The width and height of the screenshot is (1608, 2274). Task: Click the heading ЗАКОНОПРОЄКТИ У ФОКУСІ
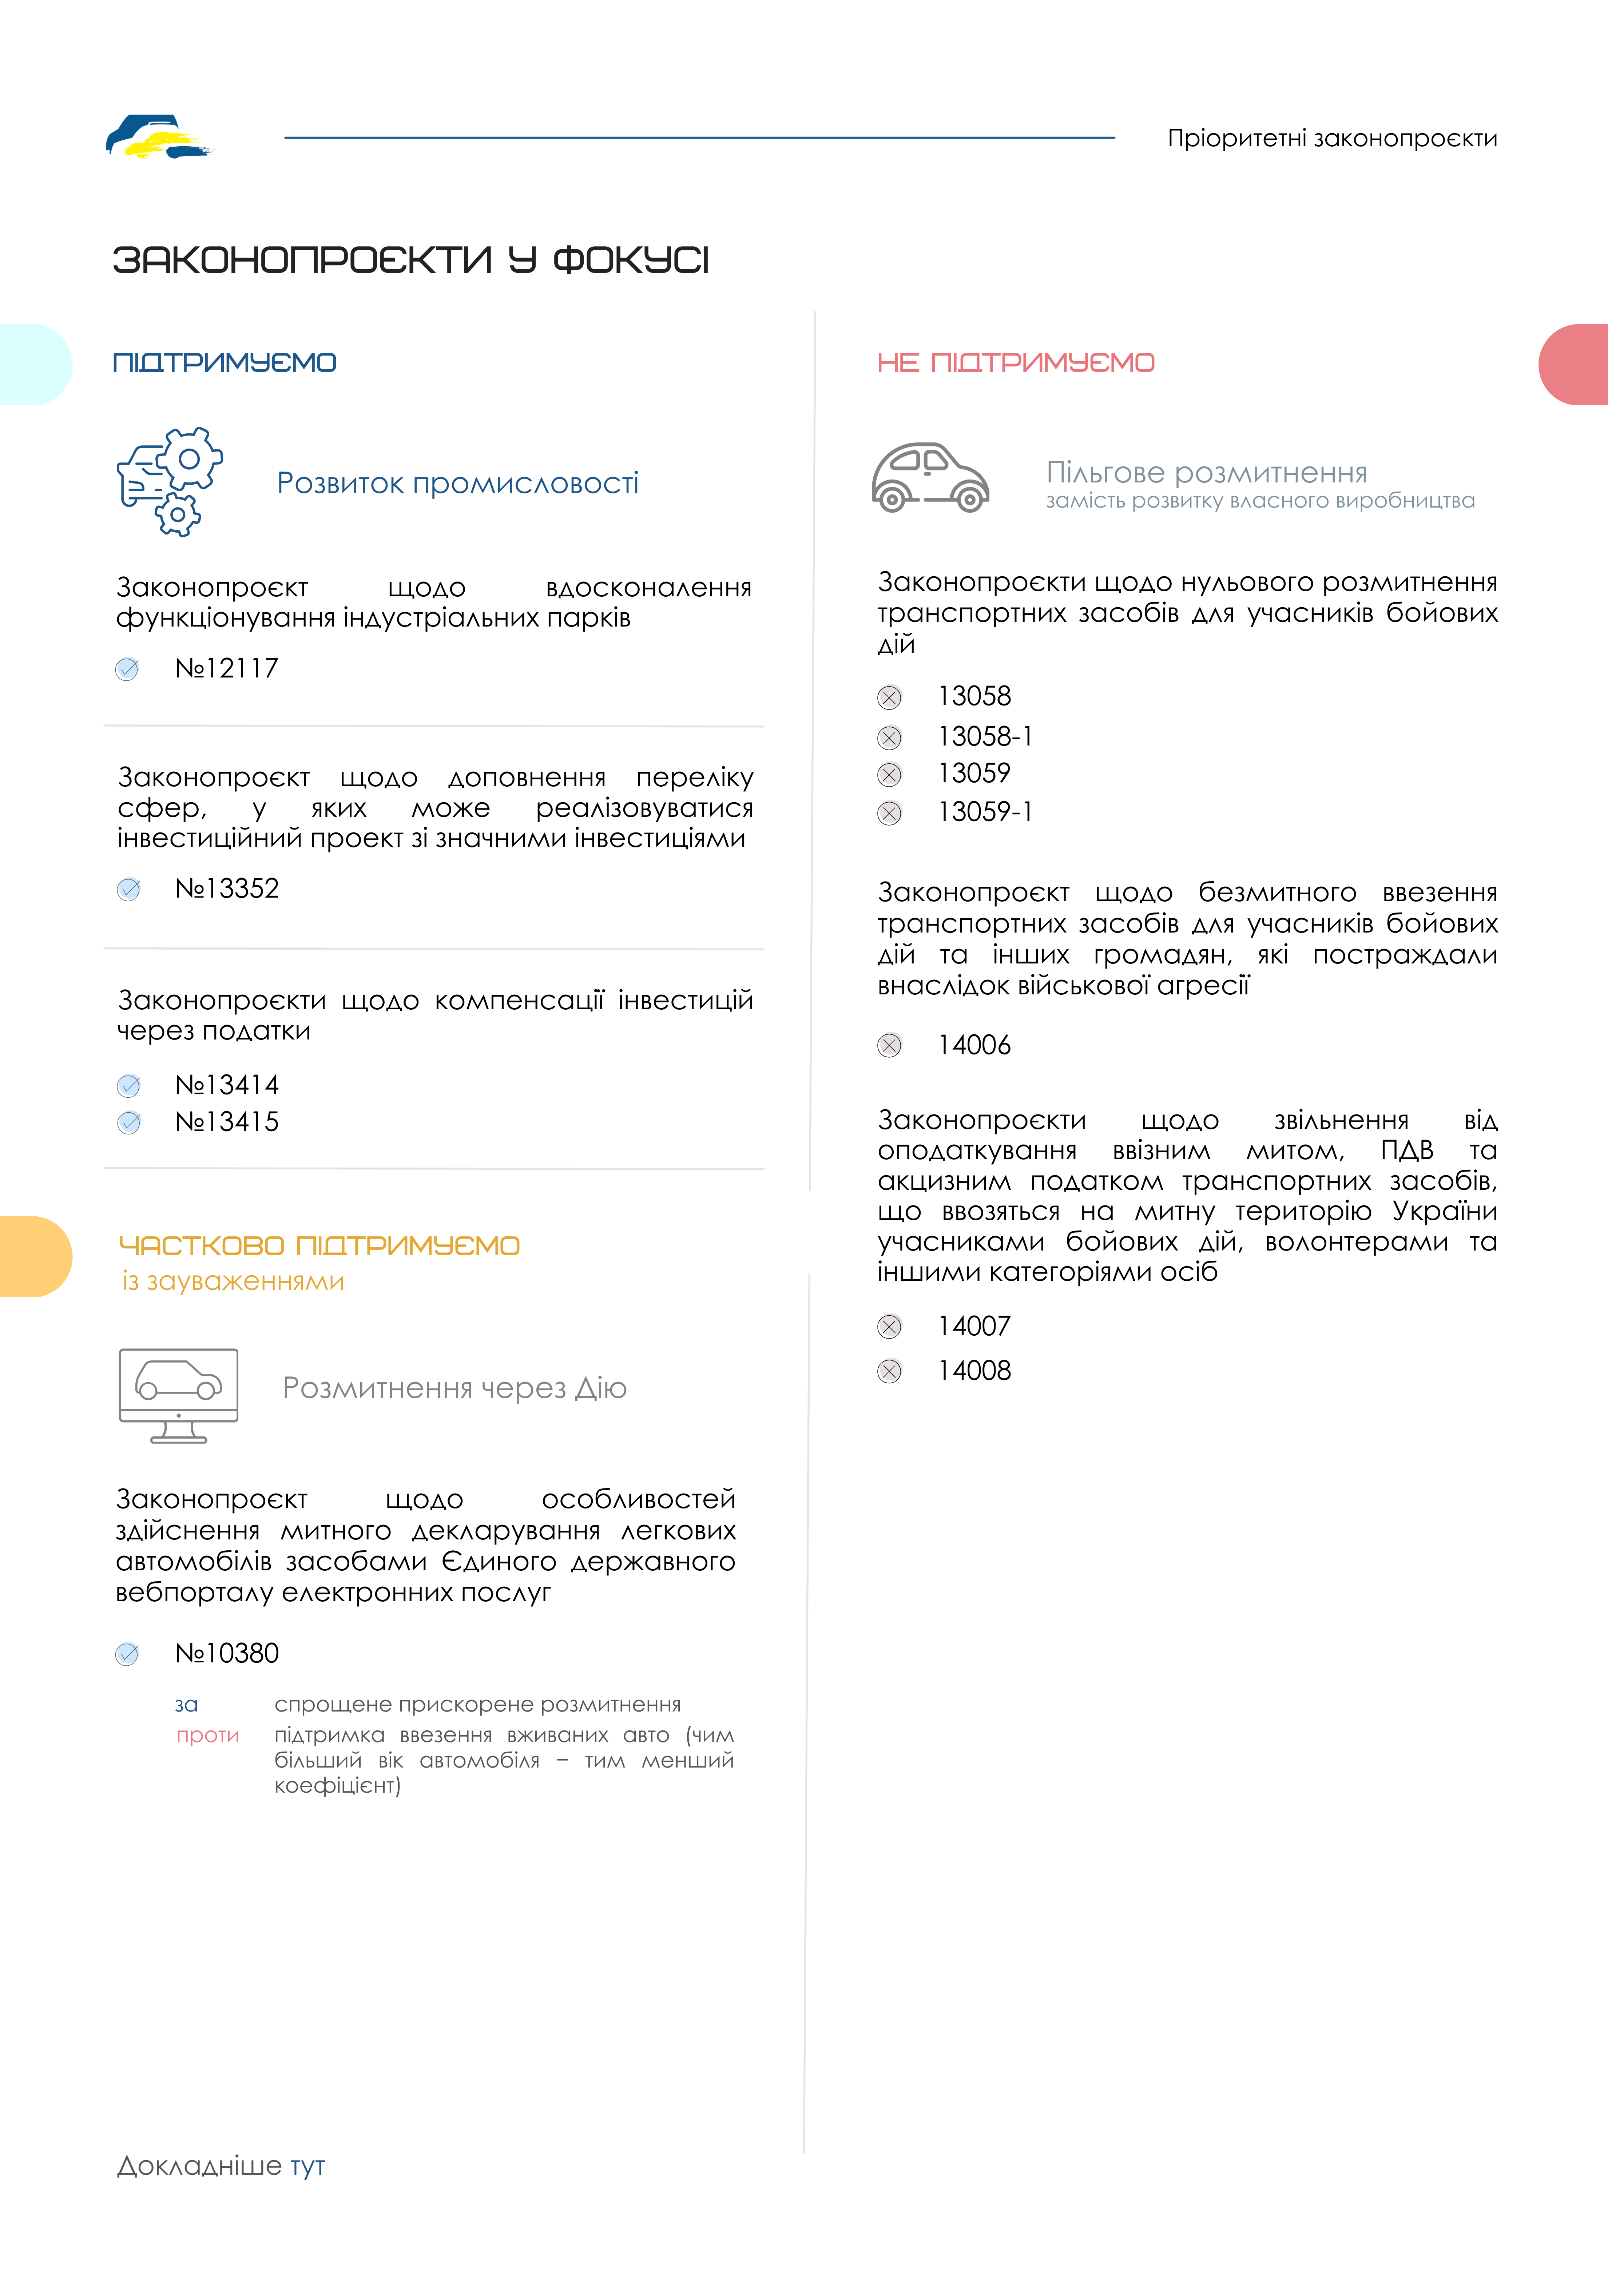(410, 261)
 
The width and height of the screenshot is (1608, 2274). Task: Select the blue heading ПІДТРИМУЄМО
(225, 362)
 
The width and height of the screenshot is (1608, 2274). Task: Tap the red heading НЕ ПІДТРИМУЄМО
(1016, 362)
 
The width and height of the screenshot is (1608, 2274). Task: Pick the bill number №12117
(227, 668)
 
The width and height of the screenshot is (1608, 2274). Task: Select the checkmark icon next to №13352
(129, 889)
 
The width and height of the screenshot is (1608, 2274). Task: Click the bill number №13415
(227, 1122)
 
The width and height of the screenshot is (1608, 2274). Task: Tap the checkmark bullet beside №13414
(129, 1086)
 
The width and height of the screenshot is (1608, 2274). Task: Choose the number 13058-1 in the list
(985, 737)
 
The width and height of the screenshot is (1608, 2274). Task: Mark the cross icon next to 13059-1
(890, 813)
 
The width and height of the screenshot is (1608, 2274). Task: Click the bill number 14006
(974, 1045)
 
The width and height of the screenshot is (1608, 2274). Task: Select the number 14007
(974, 1326)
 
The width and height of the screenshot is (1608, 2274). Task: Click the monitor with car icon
(178, 1395)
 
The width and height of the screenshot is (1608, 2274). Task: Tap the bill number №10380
(227, 1653)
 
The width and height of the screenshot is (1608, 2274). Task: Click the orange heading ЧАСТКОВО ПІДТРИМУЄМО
(319, 1246)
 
